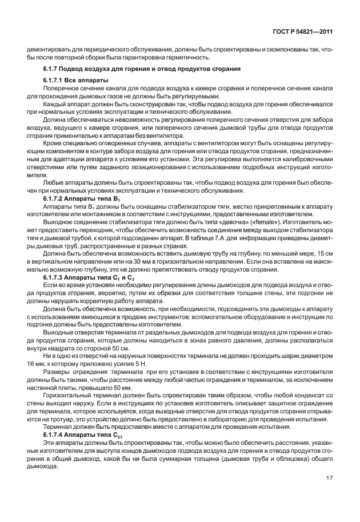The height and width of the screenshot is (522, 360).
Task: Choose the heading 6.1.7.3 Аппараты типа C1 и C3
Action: [x=85, y=277]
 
